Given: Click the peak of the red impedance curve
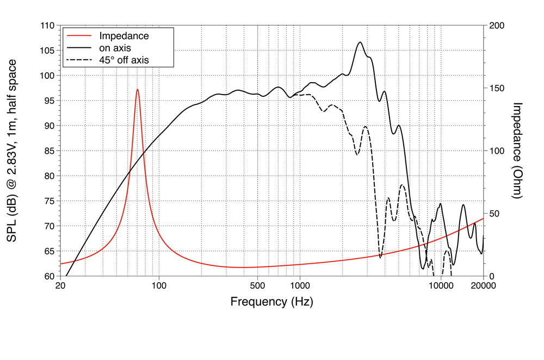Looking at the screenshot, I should [138, 89].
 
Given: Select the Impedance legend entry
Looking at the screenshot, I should [123, 36].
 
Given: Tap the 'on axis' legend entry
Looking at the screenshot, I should [115, 48].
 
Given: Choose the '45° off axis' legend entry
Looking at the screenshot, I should [123, 59].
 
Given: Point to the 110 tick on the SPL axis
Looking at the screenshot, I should [48, 26].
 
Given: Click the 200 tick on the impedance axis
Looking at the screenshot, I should [497, 26].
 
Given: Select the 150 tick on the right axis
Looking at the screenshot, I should [497, 88].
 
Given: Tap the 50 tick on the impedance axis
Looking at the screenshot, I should [494, 213].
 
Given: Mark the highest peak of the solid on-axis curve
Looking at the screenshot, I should [360, 42].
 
